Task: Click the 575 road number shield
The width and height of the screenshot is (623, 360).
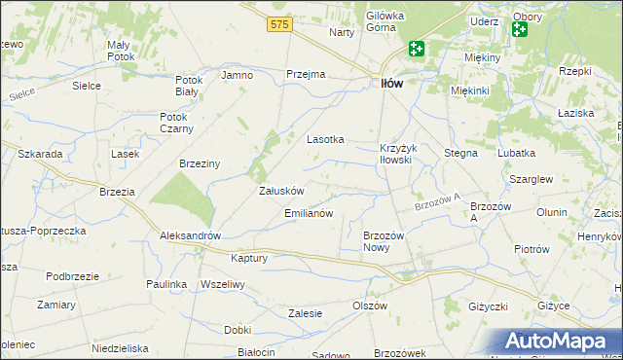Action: (279, 23)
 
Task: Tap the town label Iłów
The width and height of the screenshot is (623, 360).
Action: (389, 85)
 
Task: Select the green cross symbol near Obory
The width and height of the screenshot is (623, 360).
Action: (519, 30)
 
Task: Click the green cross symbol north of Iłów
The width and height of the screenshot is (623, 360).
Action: (417, 48)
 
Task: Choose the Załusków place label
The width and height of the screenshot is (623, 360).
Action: (282, 192)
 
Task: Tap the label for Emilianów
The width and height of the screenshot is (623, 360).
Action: (309, 212)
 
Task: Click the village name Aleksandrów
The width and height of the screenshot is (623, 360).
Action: (192, 236)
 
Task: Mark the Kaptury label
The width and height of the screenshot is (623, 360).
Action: (248, 258)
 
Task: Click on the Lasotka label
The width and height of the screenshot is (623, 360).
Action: (326, 139)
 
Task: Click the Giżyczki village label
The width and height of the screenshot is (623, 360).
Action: (487, 306)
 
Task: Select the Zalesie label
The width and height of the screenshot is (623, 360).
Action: (305, 312)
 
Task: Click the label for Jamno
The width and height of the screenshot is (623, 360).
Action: (238, 75)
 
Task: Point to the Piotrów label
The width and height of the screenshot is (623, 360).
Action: (531, 249)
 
